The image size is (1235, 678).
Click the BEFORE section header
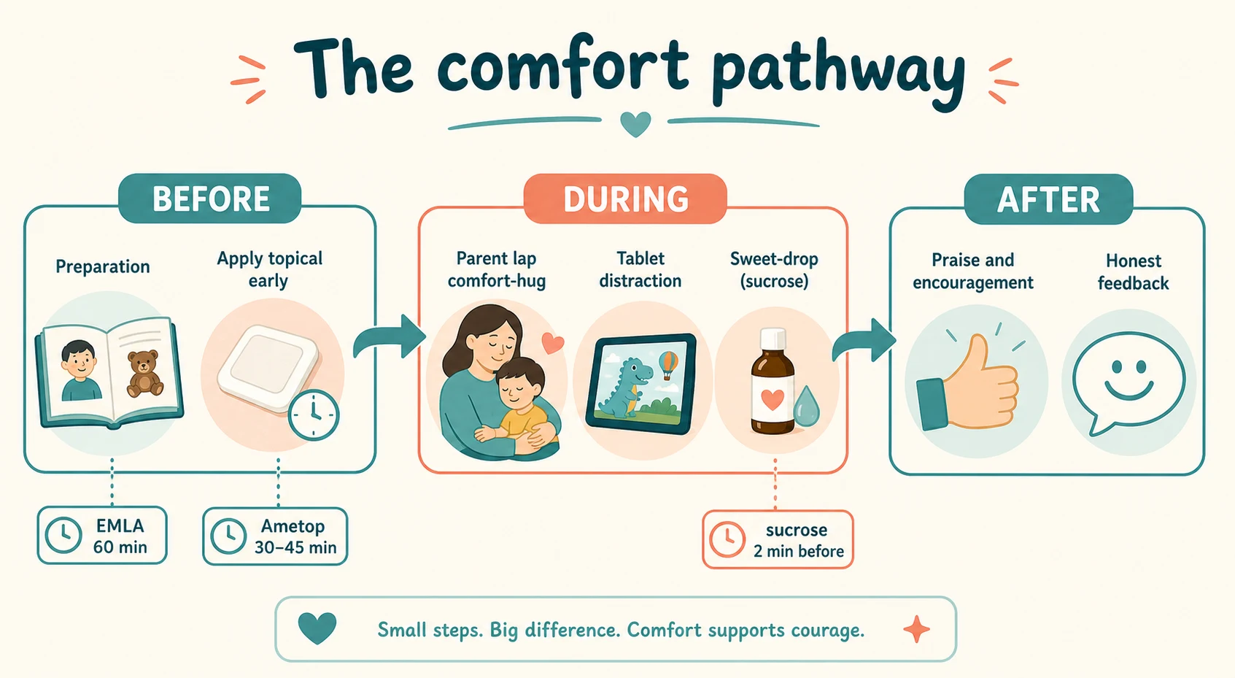pos(210,199)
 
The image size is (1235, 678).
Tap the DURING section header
pos(625,199)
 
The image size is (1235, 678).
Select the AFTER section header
pos(1048,199)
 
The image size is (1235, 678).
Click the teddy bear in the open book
pos(144,374)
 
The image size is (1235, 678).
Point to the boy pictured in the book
pos(80,369)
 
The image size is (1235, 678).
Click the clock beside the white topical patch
pos(314,415)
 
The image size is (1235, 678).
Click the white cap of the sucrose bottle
pos(773,338)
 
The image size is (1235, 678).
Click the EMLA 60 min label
pos(102,535)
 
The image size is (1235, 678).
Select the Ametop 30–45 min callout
pos(275,536)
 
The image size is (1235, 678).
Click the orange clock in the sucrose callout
pos(728,539)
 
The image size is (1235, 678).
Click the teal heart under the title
pos(635,123)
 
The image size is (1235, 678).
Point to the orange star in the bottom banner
pos(916,629)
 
